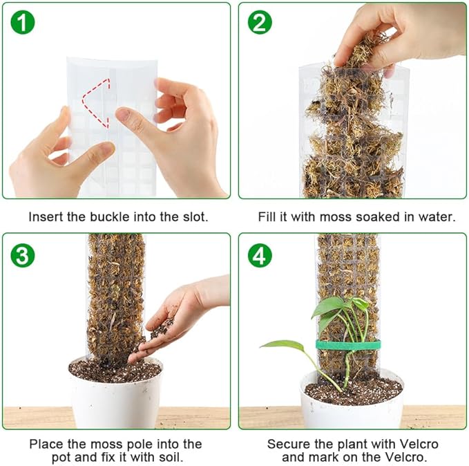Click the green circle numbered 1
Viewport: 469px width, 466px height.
(23, 22)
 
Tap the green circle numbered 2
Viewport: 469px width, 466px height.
(260, 22)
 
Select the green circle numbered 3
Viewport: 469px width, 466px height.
(23, 255)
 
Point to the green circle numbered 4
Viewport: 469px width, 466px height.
(260, 255)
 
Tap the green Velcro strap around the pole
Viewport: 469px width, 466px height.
(348, 345)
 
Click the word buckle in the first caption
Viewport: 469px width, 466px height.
(110, 217)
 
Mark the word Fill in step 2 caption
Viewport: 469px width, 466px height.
(268, 217)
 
